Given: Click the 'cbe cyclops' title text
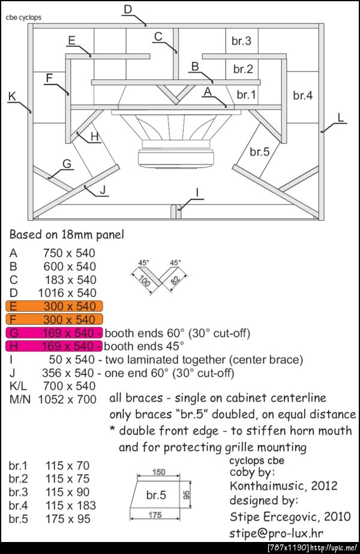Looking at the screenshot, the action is click(x=23, y=17).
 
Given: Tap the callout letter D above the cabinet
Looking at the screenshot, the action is click(x=128, y=9).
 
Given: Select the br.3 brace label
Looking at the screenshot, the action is click(x=241, y=41).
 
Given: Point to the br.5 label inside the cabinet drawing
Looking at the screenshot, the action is click(x=260, y=152).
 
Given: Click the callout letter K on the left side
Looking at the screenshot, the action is click(x=13, y=96).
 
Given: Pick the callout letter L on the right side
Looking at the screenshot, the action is click(x=341, y=117).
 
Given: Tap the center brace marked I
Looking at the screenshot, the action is click(x=176, y=211).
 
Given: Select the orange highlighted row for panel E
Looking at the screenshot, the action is click(x=54, y=306).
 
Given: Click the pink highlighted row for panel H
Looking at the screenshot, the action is click(x=54, y=346).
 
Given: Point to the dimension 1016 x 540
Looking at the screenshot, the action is click(x=67, y=293).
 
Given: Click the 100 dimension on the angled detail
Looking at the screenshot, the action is click(x=145, y=281).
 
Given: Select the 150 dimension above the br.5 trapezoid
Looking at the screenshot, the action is click(x=158, y=472).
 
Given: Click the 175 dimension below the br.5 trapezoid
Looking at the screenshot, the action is click(x=155, y=515).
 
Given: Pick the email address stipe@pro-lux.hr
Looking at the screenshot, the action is click(x=276, y=533).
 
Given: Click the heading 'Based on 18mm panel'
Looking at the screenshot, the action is click(x=67, y=235).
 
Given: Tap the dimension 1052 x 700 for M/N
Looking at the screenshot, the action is click(x=67, y=399).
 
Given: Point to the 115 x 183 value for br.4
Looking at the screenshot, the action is click(x=71, y=505).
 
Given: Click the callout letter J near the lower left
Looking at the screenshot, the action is click(x=103, y=190).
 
